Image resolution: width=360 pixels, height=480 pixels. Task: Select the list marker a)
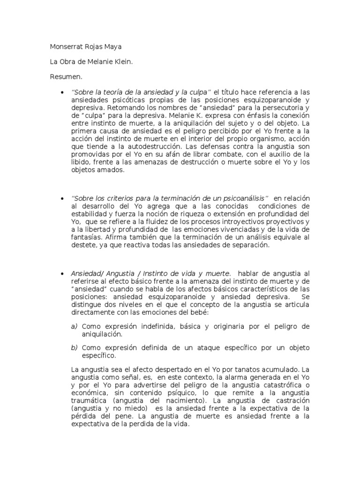pyautogui.click(x=74, y=326)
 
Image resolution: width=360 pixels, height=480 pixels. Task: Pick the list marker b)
pyautogui.click(x=74, y=348)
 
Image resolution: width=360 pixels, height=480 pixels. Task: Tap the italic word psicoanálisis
pyautogui.click(x=244, y=198)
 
